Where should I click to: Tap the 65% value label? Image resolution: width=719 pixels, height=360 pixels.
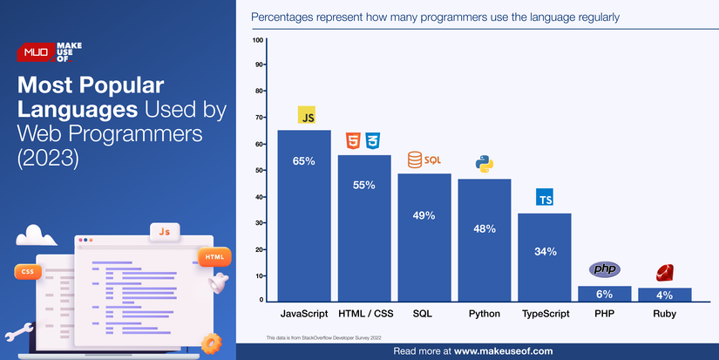click(304, 161)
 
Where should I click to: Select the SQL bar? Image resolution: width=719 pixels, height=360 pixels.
click(424, 236)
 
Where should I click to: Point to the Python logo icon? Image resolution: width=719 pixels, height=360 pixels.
click(484, 164)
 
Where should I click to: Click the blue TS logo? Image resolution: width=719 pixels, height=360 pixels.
click(545, 197)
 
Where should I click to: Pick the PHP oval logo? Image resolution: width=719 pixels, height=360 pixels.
click(604, 269)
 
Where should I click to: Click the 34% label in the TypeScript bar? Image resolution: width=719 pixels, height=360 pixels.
click(545, 252)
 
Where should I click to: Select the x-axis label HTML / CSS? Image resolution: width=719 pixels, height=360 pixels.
click(364, 312)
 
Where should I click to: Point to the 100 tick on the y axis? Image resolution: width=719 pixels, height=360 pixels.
click(258, 40)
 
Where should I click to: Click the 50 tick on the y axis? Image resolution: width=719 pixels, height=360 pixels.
click(259, 170)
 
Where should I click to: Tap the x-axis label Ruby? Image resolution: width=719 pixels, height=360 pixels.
click(664, 312)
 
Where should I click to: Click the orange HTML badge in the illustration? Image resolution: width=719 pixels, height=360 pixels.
click(214, 256)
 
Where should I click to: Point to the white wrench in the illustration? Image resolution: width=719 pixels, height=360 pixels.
click(19, 331)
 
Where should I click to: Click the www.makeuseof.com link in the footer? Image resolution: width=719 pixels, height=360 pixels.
click(503, 350)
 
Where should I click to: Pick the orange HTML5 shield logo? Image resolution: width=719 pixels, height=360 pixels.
click(353, 140)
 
